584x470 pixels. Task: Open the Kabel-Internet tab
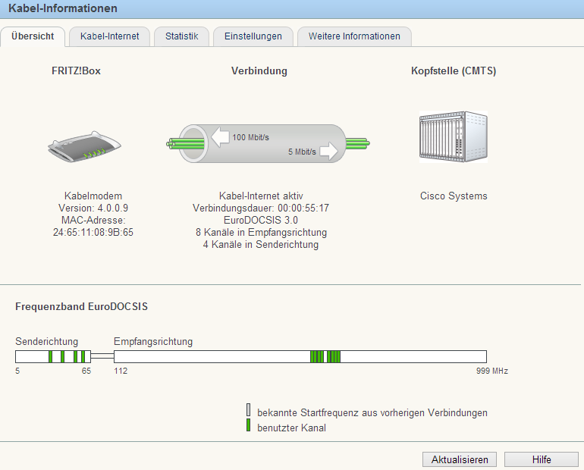(x=109, y=36)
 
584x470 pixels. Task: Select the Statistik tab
(x=182, y=36)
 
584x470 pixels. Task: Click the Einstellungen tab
(x=253, y=36)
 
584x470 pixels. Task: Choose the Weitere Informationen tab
(x=354, y=36)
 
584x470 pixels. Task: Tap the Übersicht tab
(x=33, y=36)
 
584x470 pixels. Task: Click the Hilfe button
(x=542, y=459)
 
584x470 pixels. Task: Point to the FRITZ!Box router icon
(x=84, y=146)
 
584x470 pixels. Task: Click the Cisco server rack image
(x=454, y=136)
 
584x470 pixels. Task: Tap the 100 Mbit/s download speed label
(x=250, y=137)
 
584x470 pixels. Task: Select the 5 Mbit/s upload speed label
(x=302, y=152)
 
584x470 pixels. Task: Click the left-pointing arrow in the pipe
(x=220, y=137)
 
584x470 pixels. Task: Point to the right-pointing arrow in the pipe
(x=329, y=151)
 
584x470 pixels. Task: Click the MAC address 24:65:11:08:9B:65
(x=93, y=232)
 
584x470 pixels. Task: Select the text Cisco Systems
(x=454, y=196)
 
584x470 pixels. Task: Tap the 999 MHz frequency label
(x=492, y=371)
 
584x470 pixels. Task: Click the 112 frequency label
(x=121, y=371)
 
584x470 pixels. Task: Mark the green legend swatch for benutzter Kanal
(x=249, y=425)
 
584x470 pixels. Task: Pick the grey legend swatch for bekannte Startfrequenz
(x=249, y=409)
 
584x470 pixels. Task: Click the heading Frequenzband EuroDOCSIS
(x=82, y=306)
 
